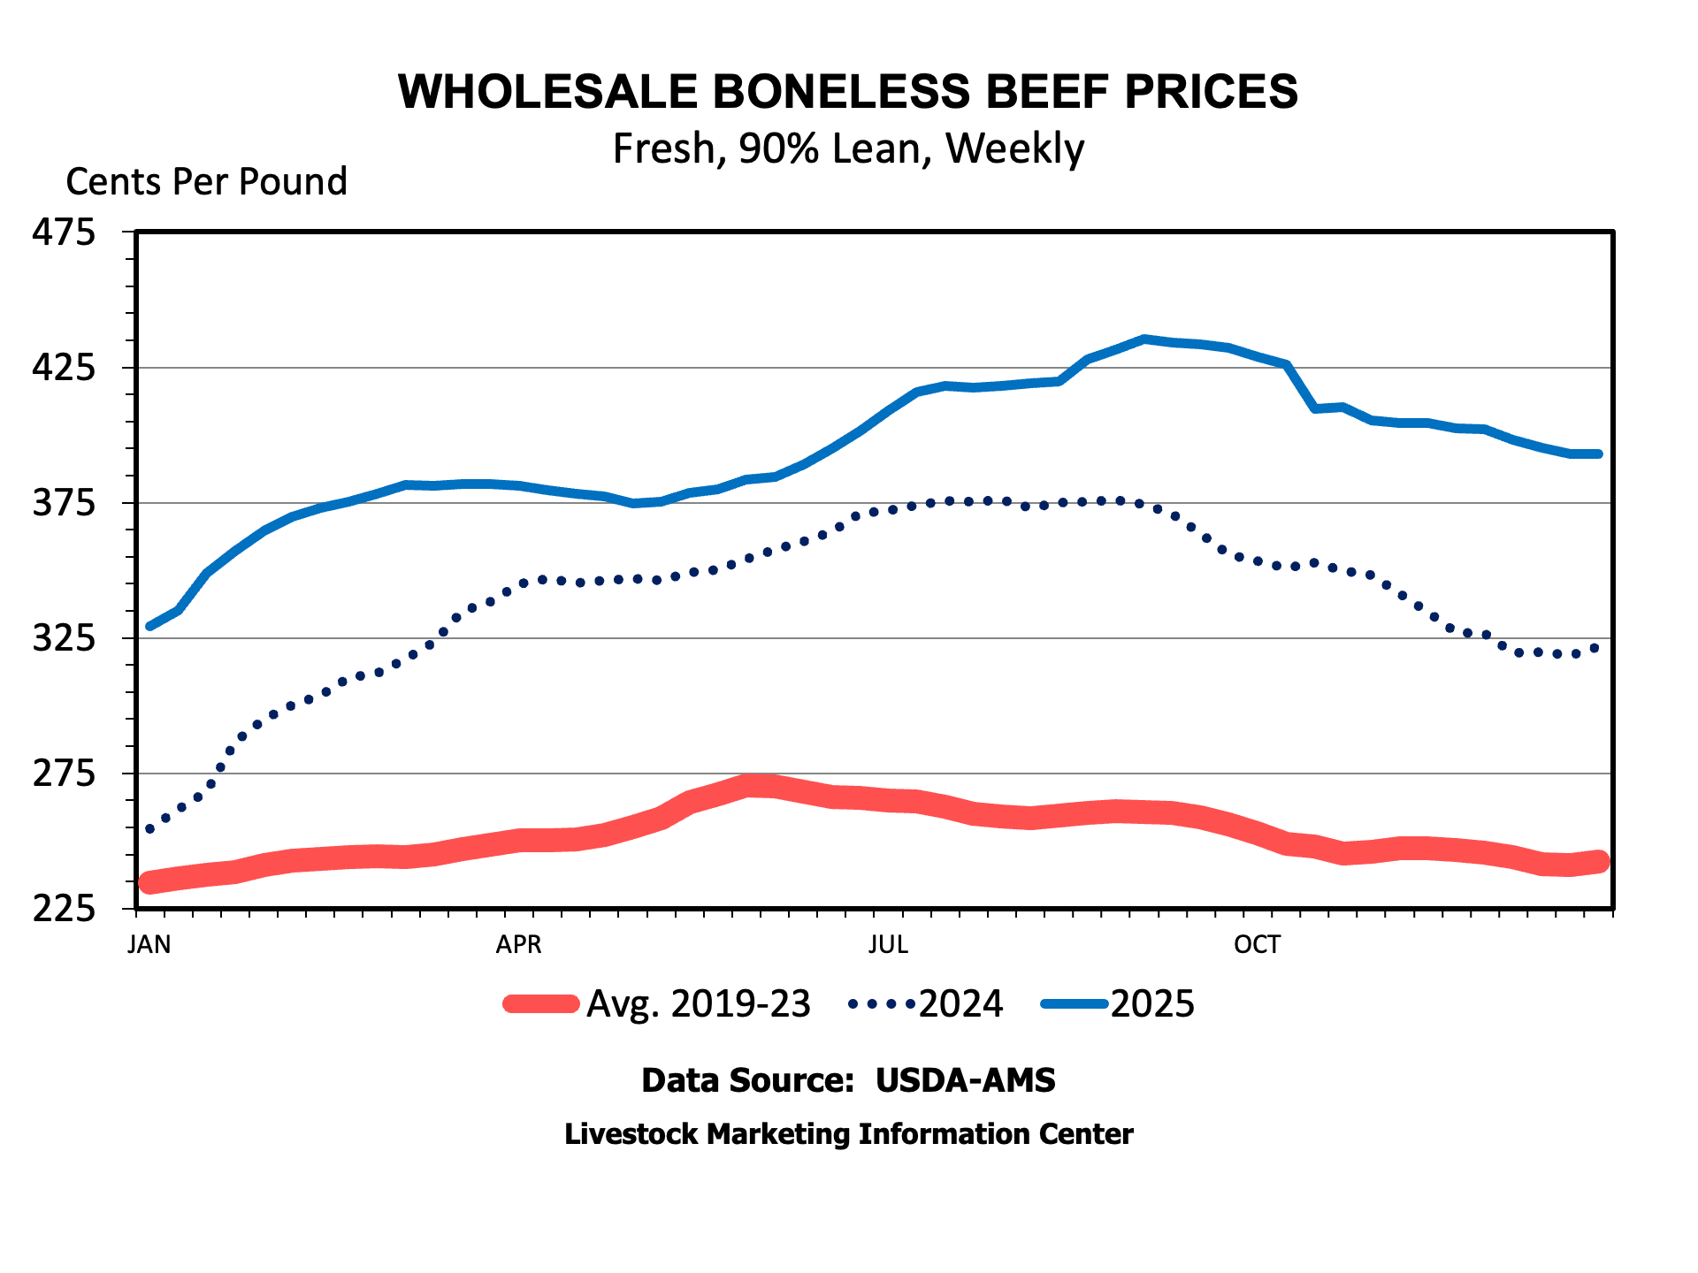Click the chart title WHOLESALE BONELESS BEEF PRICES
847,91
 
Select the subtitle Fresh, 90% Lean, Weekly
847,149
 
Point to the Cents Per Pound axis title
206,182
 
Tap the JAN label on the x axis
149,945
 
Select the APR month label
518,945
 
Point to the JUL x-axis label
888,945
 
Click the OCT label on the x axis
1257,945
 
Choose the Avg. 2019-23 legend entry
698,1004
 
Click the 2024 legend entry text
960,1004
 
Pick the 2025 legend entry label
1152,1004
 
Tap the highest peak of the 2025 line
1144,339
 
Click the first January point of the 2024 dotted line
149,829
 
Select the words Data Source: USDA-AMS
847,1080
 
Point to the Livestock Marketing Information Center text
847,1134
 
